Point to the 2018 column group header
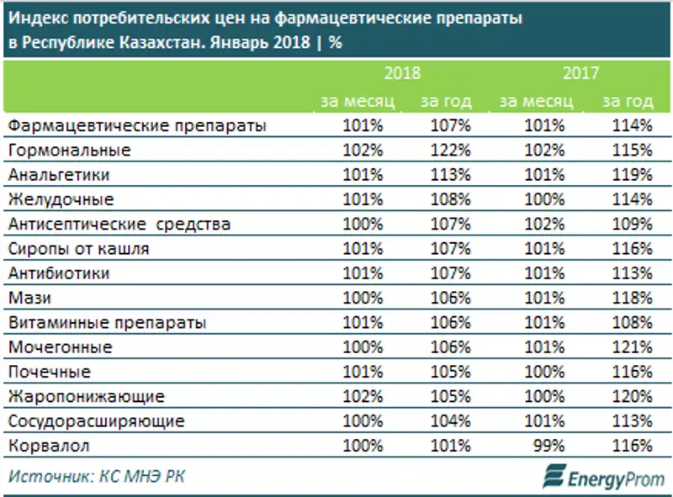point(401,73)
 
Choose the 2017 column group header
point(580,73)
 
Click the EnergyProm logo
point(601,478)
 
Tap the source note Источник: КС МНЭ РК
point(97,477)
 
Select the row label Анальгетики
point(62,175)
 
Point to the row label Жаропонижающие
point(85,396)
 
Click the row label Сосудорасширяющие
point(95,420)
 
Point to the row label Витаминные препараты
point(107,322)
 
